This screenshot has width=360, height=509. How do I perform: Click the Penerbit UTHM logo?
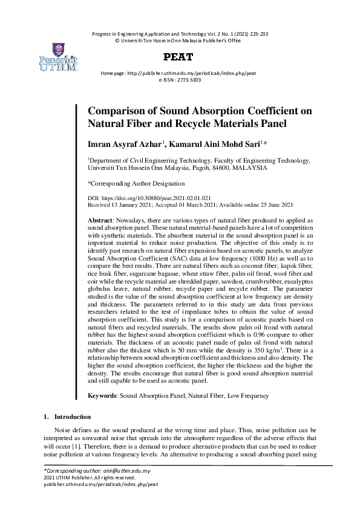click(58, 57)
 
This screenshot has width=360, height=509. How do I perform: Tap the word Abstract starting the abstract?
click(100, 221)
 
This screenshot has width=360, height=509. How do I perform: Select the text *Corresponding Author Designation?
click(136, 183)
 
